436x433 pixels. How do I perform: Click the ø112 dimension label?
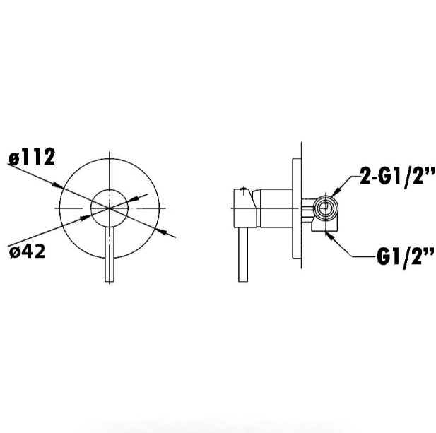click(32, 157)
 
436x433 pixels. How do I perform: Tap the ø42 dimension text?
click(28, 251)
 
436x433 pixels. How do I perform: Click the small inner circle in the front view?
click(110, 189)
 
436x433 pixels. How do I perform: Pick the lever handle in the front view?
click(110, 254)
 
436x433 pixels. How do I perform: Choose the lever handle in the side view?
click(243, 254)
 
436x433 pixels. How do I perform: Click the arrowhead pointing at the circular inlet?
click(336, 191)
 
